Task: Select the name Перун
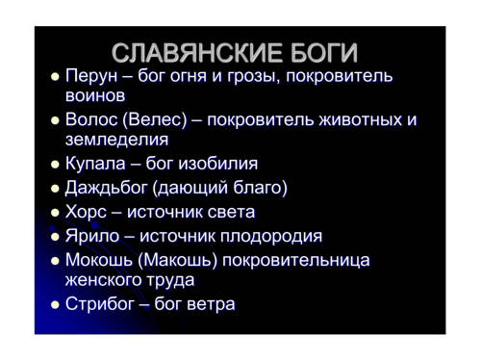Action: pyautogui.click(x=91, y=77)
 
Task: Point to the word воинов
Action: pyautogui.click(x=95, y=96)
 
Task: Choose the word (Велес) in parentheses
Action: pyautogui.click(x=155, y=119)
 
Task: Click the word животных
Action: pyautogui.click(x=361, y=120)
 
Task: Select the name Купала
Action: pyautogui.click(x=95, y=164)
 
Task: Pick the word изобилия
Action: pyautogui.click(x=218, y=164)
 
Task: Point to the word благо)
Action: pyautogui.click(x=260, y=188)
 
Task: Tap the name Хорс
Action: pyautogui.click(x=86, y=213)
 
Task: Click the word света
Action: pyautogui.click(x=231, y=213)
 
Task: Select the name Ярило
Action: pyautogui.click(x=92, y=236)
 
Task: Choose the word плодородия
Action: pyautogui.click(x=271, y=237)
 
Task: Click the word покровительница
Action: pyautogui.click(x=296, y=261)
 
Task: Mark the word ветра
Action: pyautogui.click(x=211, y=304)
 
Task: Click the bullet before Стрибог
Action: pyautogui.click(x=55, y=304)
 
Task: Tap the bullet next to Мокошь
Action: pyautogui.click(x=55, y=261)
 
